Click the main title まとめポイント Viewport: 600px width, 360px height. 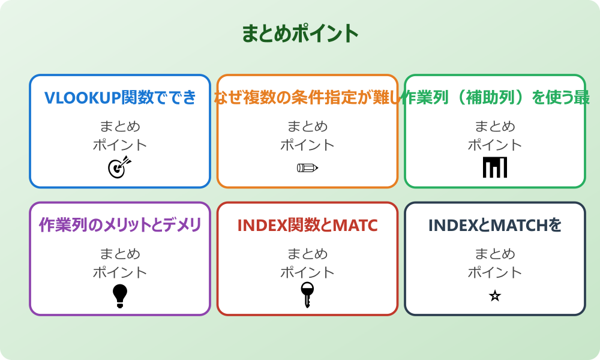300,33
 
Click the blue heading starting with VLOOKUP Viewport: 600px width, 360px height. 120,97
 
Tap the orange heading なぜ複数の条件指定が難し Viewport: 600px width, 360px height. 307,97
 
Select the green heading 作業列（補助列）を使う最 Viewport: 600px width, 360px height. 495,97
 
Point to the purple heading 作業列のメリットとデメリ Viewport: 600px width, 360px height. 120,225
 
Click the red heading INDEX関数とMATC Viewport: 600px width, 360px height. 307,225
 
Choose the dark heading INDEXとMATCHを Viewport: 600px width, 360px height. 495,225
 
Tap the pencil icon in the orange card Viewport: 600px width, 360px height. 307,167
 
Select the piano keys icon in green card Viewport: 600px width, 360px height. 495,167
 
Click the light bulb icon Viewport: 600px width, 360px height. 120,295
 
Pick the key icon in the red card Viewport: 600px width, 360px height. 307,295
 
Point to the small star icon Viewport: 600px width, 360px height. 495,296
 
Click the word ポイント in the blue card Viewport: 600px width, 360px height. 120,145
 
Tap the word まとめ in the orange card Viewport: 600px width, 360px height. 307,127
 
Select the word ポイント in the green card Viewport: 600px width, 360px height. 495,145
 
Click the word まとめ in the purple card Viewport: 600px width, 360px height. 120,254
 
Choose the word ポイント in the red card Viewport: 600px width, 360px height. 307,272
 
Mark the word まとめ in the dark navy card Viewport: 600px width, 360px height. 495,254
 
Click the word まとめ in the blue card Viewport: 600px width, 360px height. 120,127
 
